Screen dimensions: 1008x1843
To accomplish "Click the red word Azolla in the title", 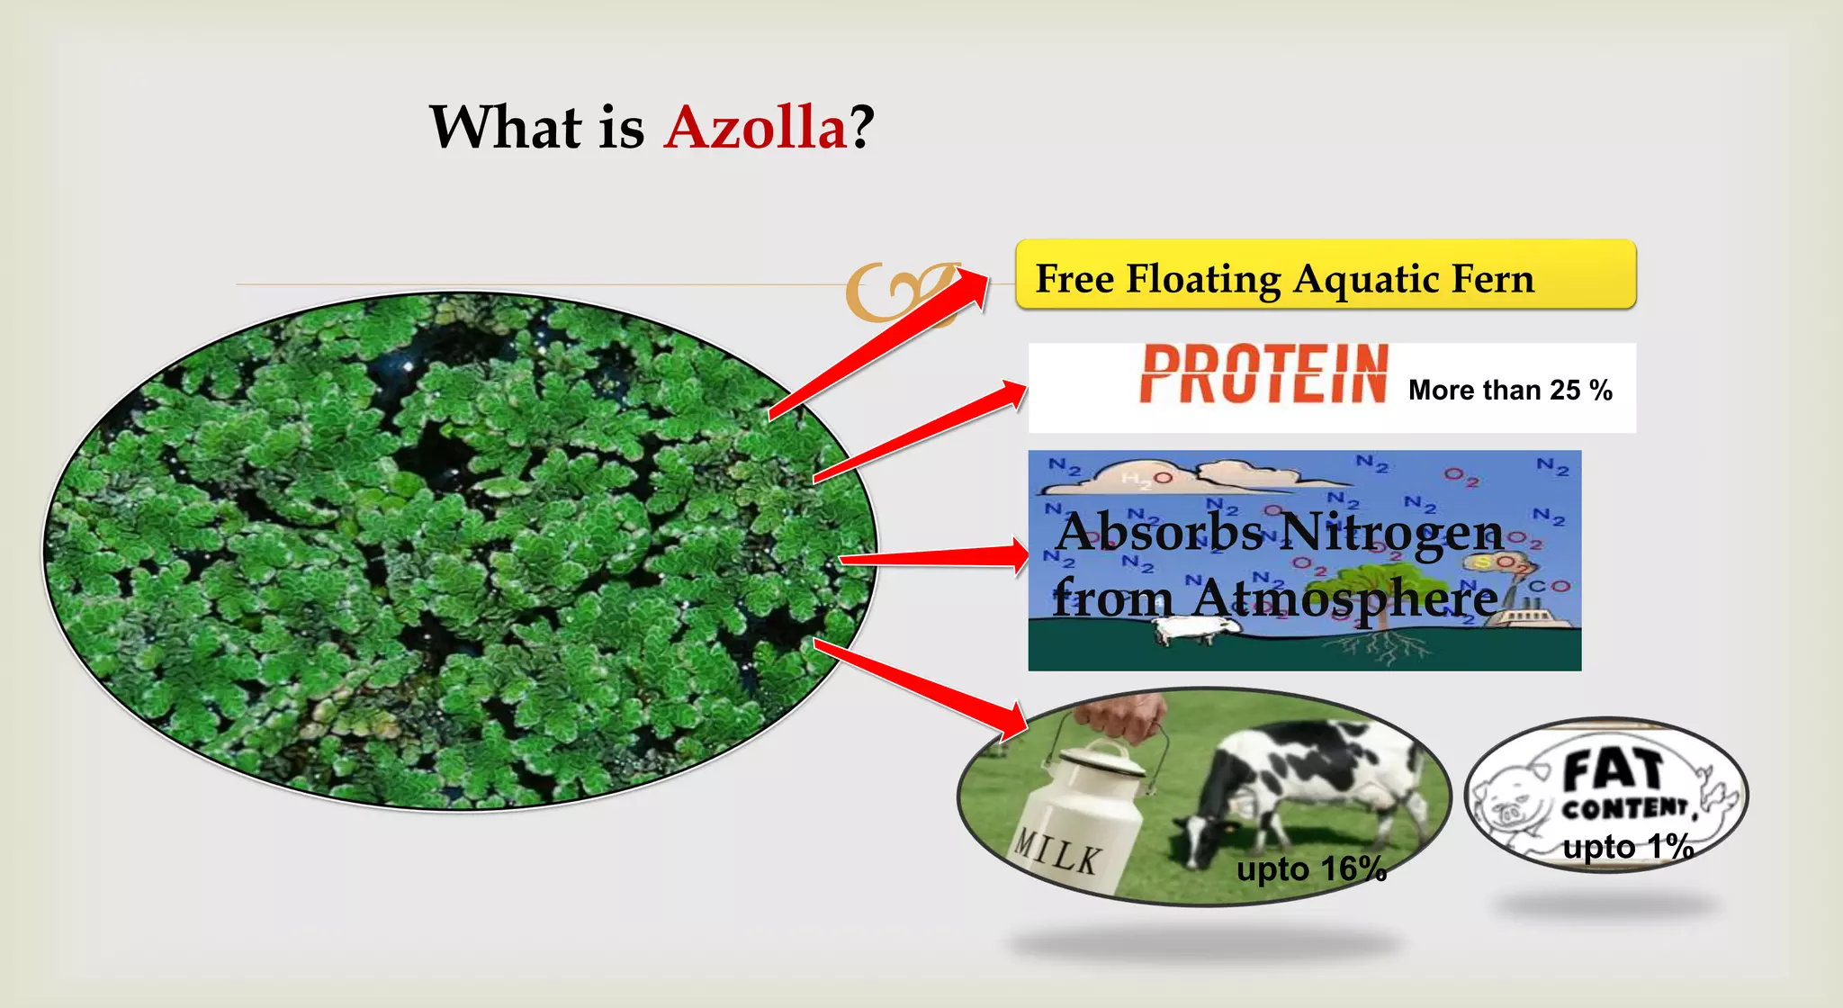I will [755, 127].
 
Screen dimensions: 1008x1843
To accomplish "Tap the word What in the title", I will [506, 127].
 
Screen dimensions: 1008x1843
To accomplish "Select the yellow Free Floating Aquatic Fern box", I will [1325, 275].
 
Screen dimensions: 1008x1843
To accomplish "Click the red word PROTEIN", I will [1263, 374].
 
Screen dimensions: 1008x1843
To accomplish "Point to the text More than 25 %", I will [1509, 391].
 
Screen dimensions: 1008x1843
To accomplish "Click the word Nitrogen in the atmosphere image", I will [1389, 532].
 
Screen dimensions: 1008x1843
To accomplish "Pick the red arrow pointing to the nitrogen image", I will [936, 557].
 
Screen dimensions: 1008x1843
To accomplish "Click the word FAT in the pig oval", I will [1613, 770].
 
